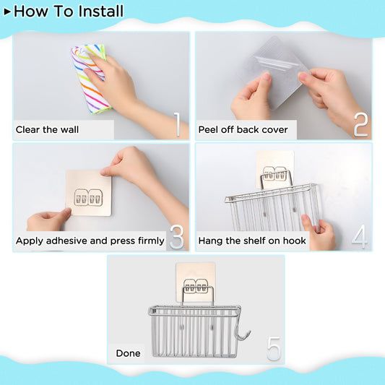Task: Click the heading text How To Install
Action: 69,12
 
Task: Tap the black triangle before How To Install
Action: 7,12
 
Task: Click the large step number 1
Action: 176,124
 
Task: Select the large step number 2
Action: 360,124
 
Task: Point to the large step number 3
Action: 176,237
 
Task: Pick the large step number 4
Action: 359,236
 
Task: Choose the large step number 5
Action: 273,348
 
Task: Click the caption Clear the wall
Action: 48,130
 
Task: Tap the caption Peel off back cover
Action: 243,130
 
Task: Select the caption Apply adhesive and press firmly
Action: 90,241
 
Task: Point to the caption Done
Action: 128,353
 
